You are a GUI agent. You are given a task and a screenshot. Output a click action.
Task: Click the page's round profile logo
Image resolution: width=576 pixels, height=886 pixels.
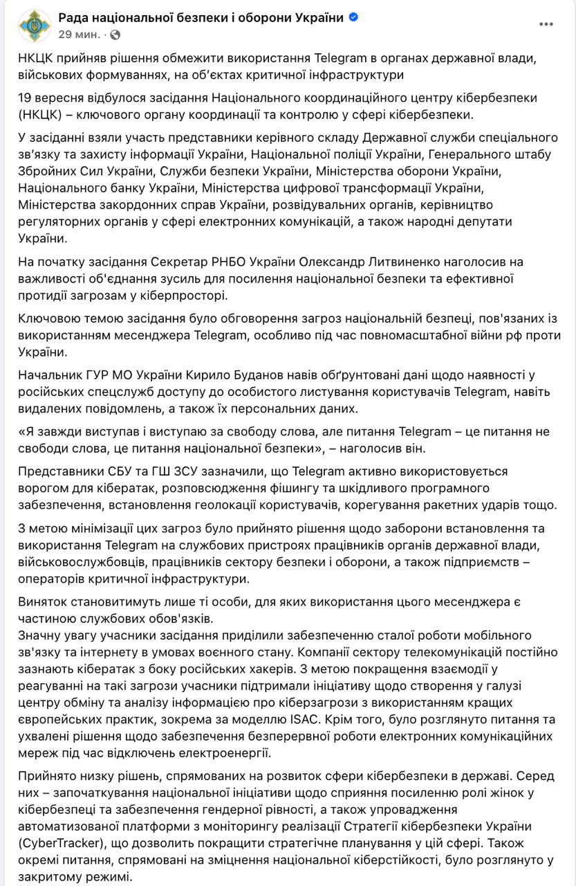click(35, 26)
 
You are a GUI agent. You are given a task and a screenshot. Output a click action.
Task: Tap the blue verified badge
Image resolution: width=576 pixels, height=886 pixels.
click(353, 17)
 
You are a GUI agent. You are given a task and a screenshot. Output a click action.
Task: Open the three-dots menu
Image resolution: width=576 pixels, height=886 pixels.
click(546, 24)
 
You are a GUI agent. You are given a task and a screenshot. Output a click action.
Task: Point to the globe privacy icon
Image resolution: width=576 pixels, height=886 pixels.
click(115, 34)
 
